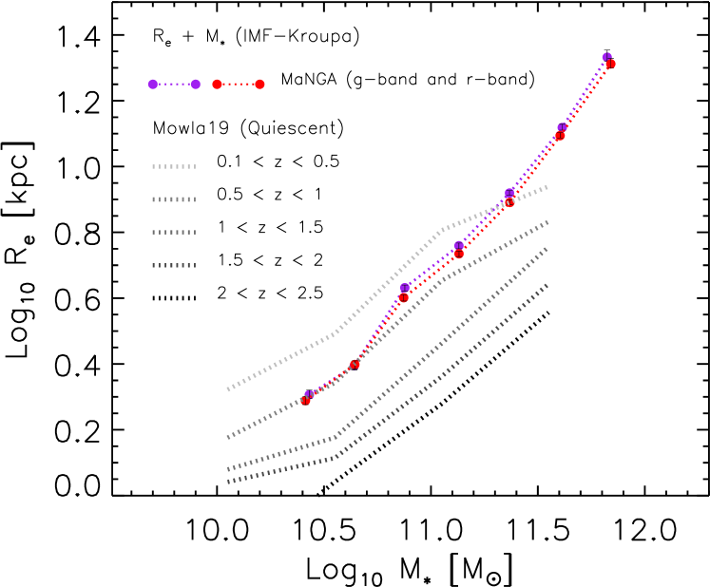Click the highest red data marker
pyautogui.click(x=610, y=65)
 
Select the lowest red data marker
pyautogui.click(x=305, y=401)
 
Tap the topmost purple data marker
pyautogui.click(x=606, y=57)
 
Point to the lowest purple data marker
pyautogui.click(x=309, y=394)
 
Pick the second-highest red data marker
pyautogui.click(x=560, y=136)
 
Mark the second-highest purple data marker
pyautogui.click(x=562, y=127)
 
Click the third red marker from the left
pyautogui.click(x=403, y=297)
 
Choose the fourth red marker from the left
pyautogui.click(x=459, y=254)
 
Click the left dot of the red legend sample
pyautogui.click(x=217, y=85)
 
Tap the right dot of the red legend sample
pyautogui.click(x=259, y=85)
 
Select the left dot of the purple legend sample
pyautogui.click(x=152, y=85)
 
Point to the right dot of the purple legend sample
pyautogui.click(x=196, y=85)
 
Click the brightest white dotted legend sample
pyautogui.click(x=174, y=167)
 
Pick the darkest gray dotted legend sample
pyautogui.click(x=174, y=266)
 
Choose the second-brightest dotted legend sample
pyautogui.click(x=174, y=199)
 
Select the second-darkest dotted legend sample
pyautogui.click(x=174, y=233)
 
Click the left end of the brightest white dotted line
pyautogui.click(x=228, y=389)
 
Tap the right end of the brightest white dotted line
pyautogui.click(x=547, y=187)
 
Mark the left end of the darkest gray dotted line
pyautogui.click(x=228, y=483)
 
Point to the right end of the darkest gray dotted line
pyautogui.click(x=547, y=284)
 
